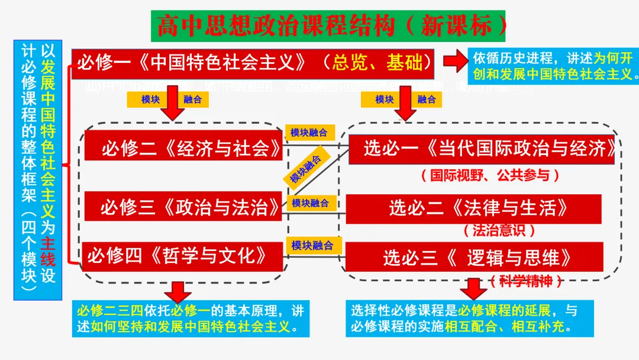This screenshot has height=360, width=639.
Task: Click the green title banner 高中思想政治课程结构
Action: pyautogui.click(x=327, y=25)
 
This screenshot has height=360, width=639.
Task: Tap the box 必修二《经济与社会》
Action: pyautogui.click(x=183, y=146)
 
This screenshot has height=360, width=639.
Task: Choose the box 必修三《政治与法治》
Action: pyautogui.click(x=183, y=206)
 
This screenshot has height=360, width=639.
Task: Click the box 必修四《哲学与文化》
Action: pyautogui.click(x=183, y=256)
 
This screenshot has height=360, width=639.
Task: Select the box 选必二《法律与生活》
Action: pyautogui.click(x=473, y=208)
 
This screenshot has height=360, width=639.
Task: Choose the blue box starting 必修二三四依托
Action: pyautogui.click(x=193, y=319)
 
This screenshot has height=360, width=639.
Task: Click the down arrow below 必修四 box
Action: pyautogui.click(x=178, y=291)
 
